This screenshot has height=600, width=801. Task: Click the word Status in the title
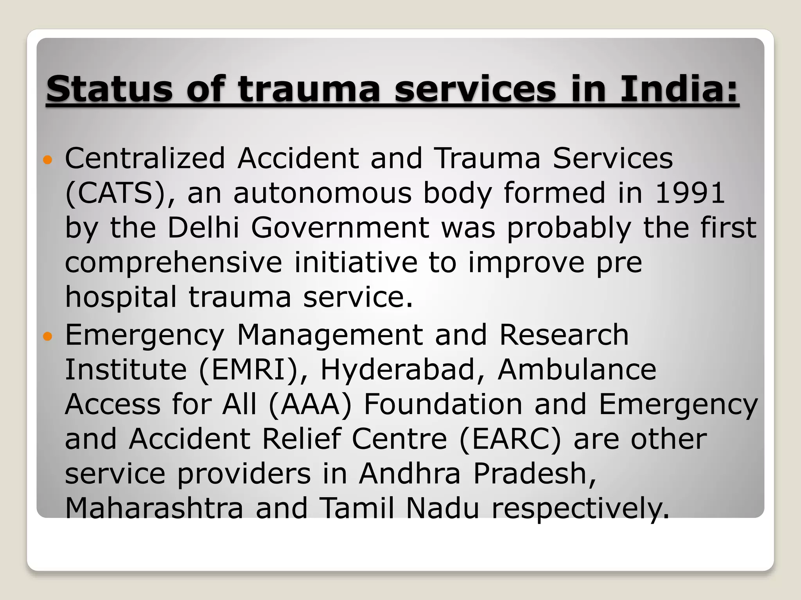pyautogui.click(x=109, y=89)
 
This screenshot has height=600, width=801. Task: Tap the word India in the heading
pyautogui.click(x=679, y=89)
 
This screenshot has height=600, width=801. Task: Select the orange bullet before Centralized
pyautogui.click(x=47, y=160)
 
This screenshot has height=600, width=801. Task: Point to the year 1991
pyautogui.click(x=690, y=193)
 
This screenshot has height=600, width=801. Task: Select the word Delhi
pyautogui.click(x=203, y=227)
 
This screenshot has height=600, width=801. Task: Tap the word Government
pyautogui.click(x=340, y=227)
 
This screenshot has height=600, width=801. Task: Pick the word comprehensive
pyautogui.click(x=173, y=262)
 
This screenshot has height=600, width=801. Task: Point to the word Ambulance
pyautogui.click(x=577, y=369)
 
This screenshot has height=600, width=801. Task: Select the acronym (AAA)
pyautogui.click(x=311, y=404)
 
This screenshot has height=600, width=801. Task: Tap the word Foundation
pyautogui.click(x=443, y=404)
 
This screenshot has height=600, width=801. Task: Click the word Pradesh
pyautogui.click(x=534, y=473)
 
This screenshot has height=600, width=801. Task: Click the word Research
pyautogui.click(x=564, y=335)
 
